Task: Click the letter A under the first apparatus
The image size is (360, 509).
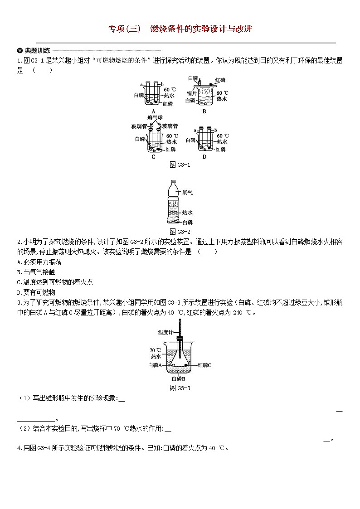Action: [153, 111]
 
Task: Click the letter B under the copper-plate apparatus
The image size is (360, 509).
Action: [204, 111]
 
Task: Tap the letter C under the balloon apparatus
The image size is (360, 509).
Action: [153, 157]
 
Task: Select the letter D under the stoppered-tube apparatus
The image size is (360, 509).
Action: [204, 157]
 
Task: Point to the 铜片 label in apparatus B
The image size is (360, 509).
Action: [191, 93]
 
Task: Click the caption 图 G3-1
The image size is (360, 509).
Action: [180, 165]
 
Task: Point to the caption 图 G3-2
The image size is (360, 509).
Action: [180, 232]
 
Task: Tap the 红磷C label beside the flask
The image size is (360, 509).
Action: [204, 364]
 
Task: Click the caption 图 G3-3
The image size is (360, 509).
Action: [180, 388]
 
